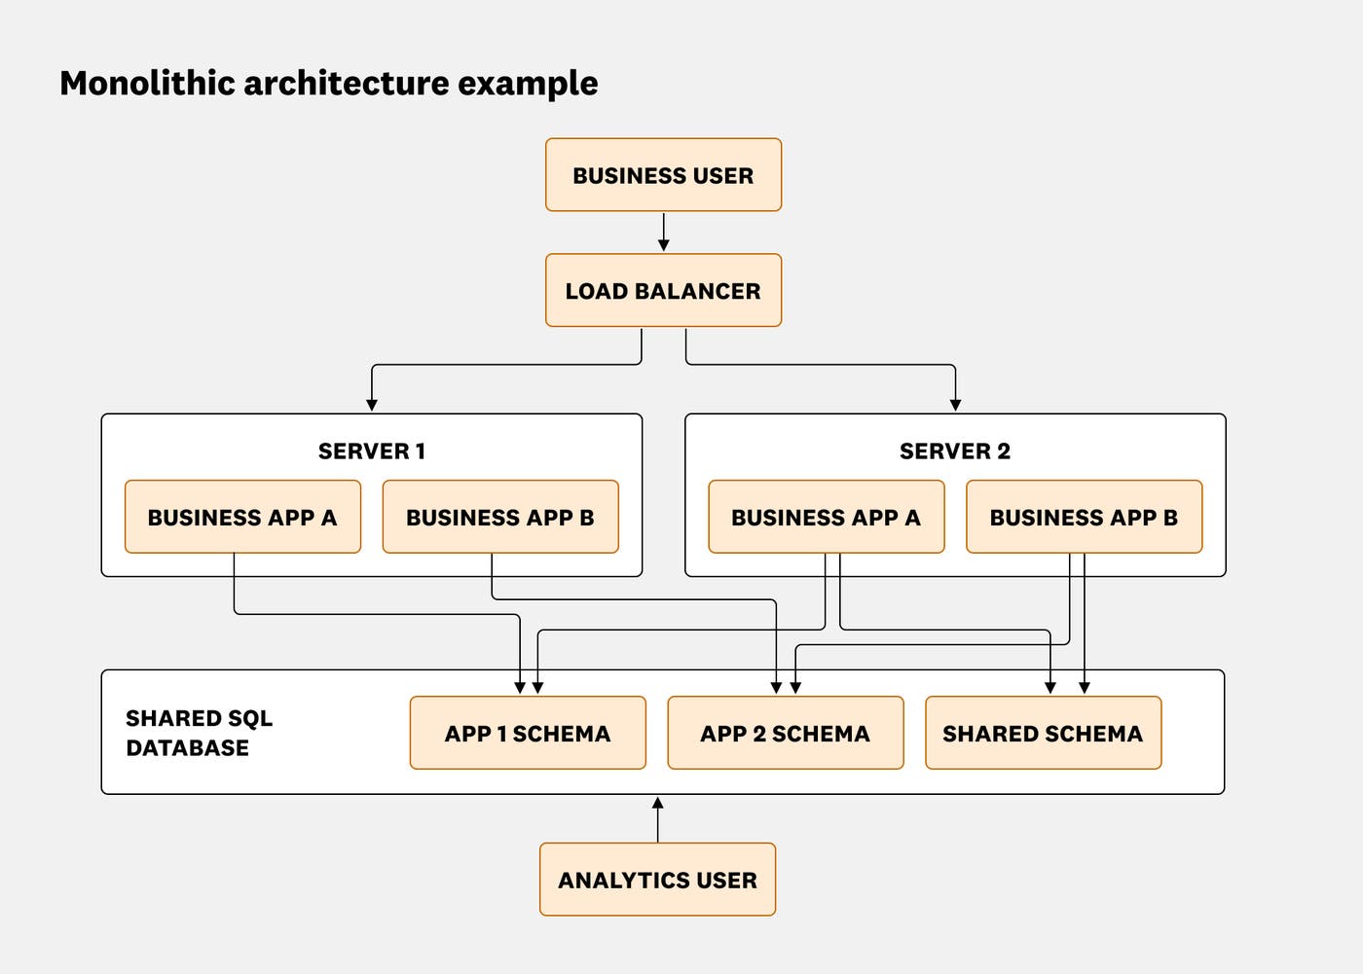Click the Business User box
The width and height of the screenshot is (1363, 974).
(663, 175)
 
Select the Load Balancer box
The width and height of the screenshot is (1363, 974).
(663, 291)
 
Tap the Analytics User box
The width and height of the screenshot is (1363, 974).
(657, 880)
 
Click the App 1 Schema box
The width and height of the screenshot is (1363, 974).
(528, 734)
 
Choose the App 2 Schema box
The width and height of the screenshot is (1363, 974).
(785, 734)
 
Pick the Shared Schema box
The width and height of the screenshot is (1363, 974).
(1043, 734)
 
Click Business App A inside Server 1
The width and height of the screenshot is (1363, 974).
(242, 517)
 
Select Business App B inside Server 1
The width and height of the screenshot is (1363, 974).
(500, 517)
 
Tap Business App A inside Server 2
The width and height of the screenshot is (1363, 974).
(826, 517)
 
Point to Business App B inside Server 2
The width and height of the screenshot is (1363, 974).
(1084, 517)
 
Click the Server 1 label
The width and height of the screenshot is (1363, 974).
(371, 451)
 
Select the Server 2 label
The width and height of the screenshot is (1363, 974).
(954, 451)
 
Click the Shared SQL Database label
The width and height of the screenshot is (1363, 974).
(199, 733)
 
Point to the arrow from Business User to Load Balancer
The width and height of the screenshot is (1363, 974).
(663, 233)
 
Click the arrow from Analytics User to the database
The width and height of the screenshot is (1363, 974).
(657, 819)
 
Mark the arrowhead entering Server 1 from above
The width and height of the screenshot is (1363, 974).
(371, 404)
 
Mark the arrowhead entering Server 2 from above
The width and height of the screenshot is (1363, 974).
(955, 404)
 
